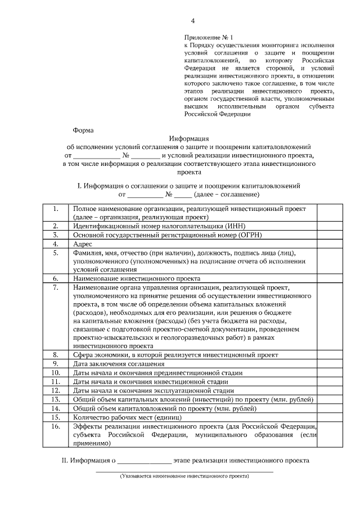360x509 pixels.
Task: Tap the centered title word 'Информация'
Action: point(188,138)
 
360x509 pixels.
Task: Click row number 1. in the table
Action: point(56,209)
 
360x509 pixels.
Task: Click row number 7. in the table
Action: point(56,287)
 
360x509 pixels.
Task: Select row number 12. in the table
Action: point(56,390)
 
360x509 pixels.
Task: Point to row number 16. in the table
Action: point(56,426)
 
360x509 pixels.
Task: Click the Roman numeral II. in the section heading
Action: point(65,461)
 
